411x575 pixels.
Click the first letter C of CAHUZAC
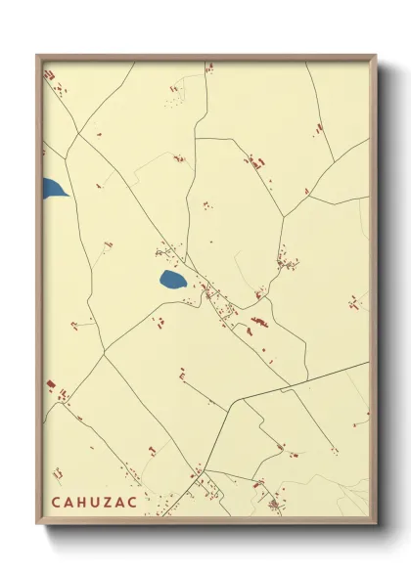tap(55, 501)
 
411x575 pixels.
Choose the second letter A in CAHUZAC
tap(122, 501)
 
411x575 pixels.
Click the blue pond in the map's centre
tap(173, 282)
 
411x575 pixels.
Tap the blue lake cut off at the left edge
tap(53, 188)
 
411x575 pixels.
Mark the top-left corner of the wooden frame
tap(36, 55)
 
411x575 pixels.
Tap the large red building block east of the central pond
tap(258, 321)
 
